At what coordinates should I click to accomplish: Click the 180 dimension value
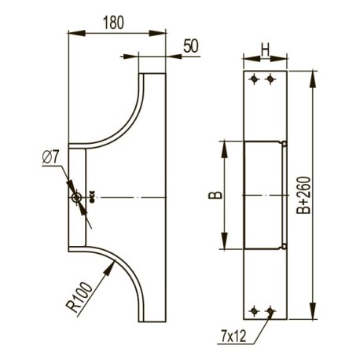coord(113,23)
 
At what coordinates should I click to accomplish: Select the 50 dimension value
coord(191,46)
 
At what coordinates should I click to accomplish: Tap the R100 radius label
coord(79,297)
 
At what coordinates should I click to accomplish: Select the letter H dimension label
coord(265,50)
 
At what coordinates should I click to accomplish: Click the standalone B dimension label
coord(215,195)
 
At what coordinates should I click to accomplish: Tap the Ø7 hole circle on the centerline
coord(77,198)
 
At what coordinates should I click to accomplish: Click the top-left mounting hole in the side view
coord(254,79)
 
